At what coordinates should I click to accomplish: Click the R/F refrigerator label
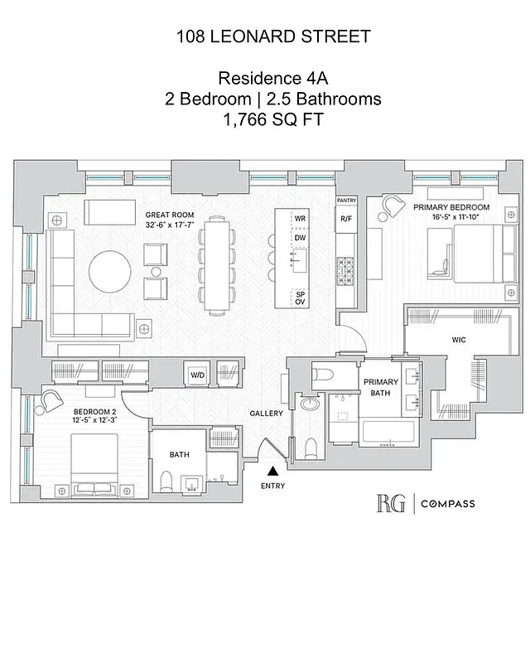point(345,219)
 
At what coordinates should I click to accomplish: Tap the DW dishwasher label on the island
point(300,238)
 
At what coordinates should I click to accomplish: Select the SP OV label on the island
point(300,298)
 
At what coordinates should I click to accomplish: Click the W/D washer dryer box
point(198,374)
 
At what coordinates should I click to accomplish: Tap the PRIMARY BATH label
point(382,388)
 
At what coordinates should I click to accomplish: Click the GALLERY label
point(267,414)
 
